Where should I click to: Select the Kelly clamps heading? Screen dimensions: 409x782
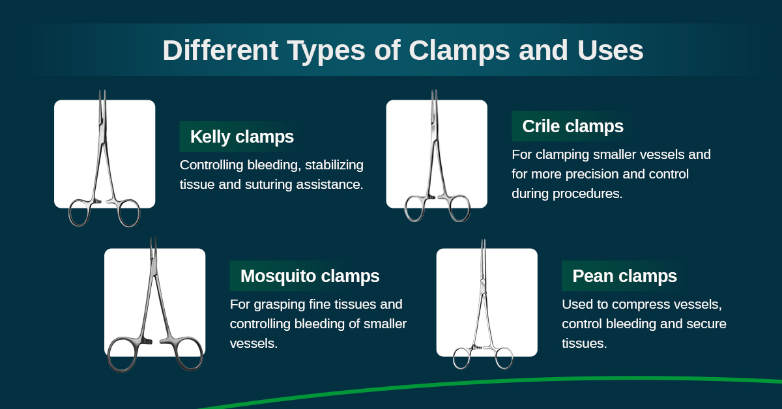click(x=242, y=137)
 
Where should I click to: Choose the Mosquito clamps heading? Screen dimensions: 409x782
click(x=310, y=275)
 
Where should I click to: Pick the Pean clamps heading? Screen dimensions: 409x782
click(x=624, y=276)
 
